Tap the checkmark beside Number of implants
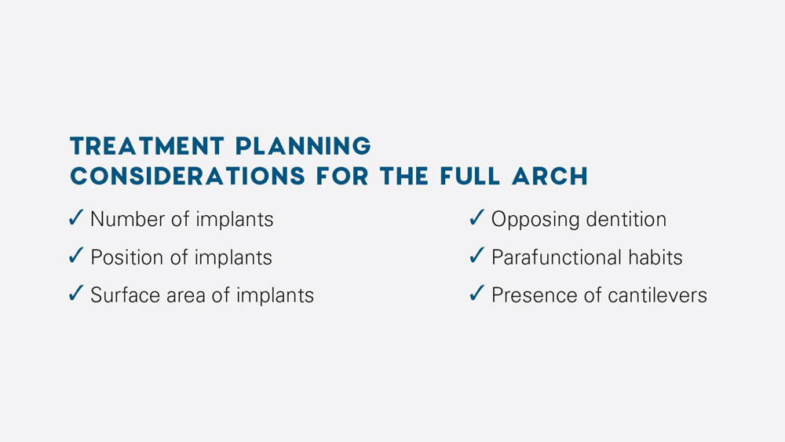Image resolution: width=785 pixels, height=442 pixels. click(x=76, y=218)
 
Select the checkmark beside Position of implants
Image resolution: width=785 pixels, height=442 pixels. click(x=76, y=256)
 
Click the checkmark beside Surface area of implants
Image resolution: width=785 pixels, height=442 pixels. click(x=76, y=294)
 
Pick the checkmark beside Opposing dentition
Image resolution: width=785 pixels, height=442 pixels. click(x=476, y=218)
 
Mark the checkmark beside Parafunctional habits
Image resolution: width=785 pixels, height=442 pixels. click(x=476, y=256)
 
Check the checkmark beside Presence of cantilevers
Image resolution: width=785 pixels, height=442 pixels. click(x=476, y=294)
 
